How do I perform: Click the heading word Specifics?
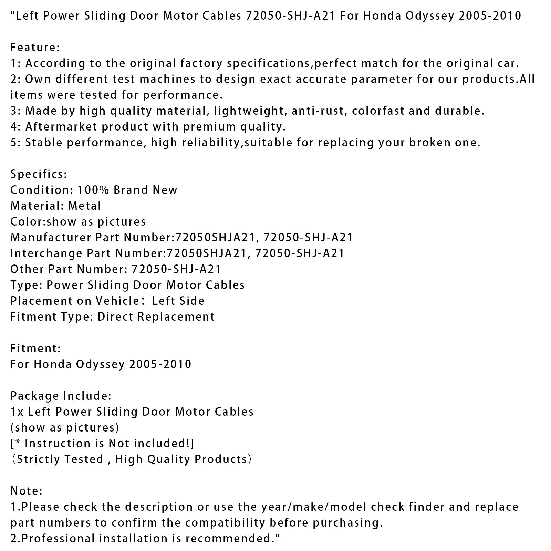point(39,174)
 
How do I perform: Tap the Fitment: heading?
point(35,349)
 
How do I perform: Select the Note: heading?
point(27,491)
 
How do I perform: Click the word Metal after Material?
point(84,206)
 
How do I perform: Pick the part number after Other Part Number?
point(176,269)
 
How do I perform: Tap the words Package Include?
point(61,396)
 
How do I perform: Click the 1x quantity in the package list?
point(17,412)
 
